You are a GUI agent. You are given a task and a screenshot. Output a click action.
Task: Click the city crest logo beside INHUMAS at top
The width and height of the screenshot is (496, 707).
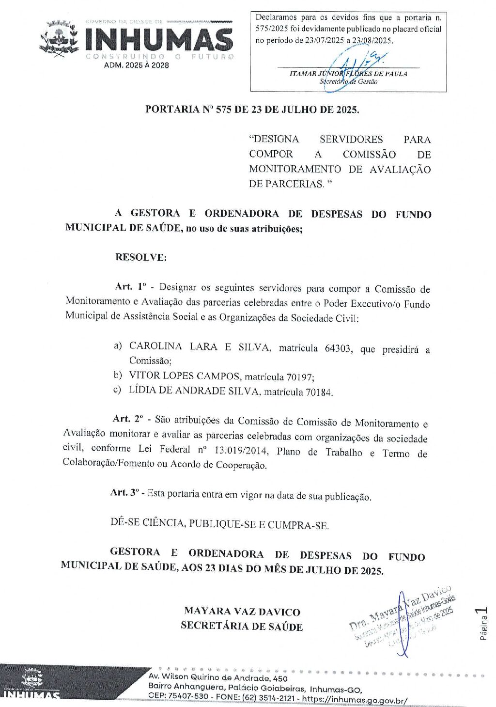(x=59, y=38)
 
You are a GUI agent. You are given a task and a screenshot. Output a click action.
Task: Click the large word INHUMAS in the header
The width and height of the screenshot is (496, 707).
(x=158, y=39)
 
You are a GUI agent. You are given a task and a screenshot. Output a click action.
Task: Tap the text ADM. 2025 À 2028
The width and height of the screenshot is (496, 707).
(x=137, y=65)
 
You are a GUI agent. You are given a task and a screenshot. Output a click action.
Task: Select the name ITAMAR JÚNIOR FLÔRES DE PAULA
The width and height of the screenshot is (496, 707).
(x=348, y=74)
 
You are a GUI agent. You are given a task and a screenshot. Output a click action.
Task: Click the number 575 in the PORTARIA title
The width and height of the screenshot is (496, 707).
(x=223, y=110)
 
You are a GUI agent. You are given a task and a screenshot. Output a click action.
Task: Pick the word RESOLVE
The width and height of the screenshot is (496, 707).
(x=140, y=257)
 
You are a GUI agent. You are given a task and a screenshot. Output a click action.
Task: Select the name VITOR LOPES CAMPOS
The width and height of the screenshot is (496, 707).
(x=185, y=376)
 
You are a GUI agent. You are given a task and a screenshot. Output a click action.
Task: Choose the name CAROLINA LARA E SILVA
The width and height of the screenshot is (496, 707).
(x=199, y=347)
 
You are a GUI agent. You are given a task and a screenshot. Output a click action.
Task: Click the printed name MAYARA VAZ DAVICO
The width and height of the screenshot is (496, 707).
(x=242, y=612)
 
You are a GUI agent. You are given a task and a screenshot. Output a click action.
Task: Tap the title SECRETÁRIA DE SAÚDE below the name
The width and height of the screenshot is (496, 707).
(x=242, y=626)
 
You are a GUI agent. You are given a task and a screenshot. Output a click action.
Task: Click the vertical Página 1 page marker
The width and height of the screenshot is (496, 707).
(x=483, y=624)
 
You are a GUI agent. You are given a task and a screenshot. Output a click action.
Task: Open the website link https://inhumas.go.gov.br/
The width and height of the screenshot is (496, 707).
(x=355, y=700)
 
